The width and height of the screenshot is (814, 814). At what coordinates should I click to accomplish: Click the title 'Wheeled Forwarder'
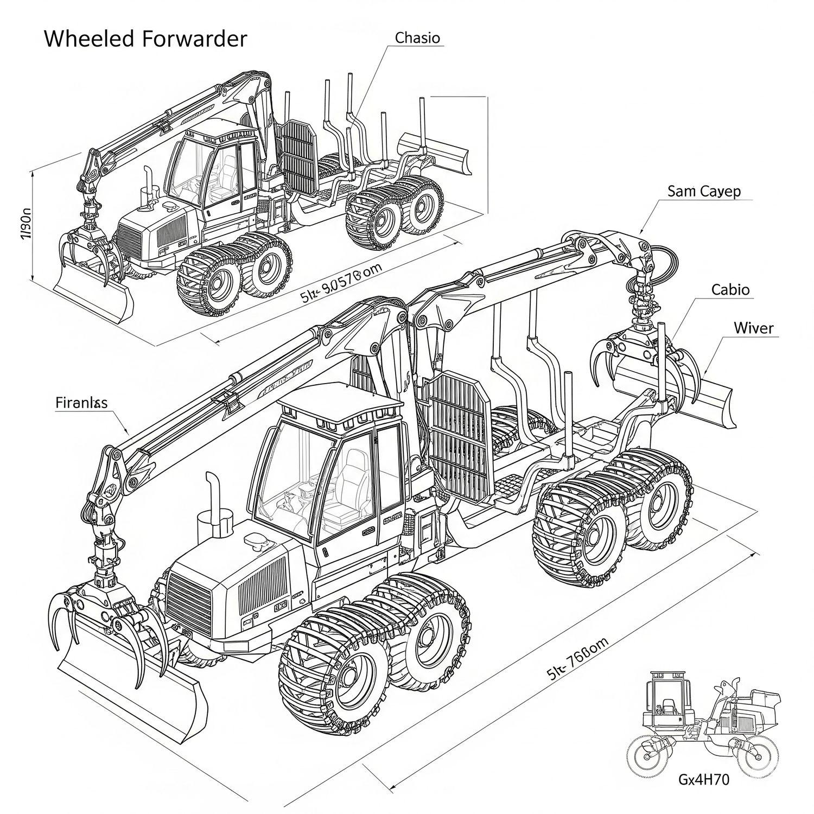[x=145, y=39]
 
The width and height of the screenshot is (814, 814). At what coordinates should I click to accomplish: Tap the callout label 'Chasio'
[x=417, y=38]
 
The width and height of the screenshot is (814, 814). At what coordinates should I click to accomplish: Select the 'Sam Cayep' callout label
[x=703, y=191]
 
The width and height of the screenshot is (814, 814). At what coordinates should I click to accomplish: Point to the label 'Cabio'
[x=730, y=290]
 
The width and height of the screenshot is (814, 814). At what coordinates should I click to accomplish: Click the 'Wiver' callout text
[x=753, y=328]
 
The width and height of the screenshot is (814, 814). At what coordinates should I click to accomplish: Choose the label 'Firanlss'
[x=81, y=403]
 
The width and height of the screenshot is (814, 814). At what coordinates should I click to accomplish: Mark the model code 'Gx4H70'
[x=704, y=780]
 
